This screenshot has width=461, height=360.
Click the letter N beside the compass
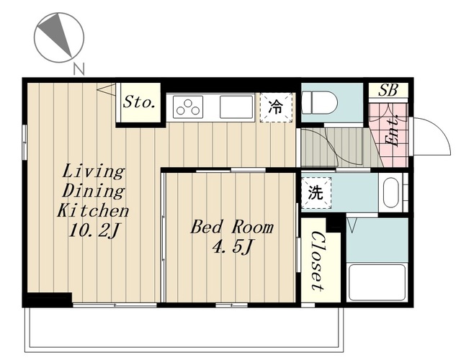pos(79,69)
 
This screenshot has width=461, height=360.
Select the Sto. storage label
pos(139,102)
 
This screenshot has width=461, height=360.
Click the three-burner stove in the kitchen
pos(188,107)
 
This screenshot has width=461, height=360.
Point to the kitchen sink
pos(236,107)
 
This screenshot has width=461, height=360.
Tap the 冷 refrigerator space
pos(276,107)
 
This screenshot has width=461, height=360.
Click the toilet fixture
pos(320,103)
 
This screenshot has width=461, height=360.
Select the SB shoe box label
pos(388,90)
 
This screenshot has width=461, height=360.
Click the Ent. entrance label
pos(393,131)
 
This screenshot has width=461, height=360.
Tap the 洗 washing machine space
pos(316,193)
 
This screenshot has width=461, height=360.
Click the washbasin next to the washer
pos(390,192)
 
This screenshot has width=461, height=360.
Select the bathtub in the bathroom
pos(377,282)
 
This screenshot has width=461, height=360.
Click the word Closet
pos(318,261)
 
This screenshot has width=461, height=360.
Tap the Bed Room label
pos(232,228)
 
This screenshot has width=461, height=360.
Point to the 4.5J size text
pos(232,247)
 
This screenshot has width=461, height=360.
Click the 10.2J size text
pos(94,230)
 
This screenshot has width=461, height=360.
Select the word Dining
pos(94,192)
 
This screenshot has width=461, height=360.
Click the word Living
pos(94,171)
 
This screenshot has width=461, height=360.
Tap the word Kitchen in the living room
pos(93,210)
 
